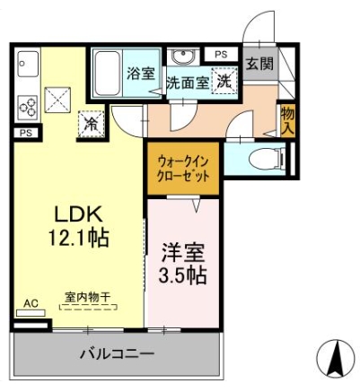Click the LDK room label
point(78,213)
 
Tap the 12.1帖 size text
point(78,238)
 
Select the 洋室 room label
point(183,253)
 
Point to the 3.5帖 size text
point(182,274)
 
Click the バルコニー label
point(117,354)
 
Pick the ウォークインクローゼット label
point(183,170)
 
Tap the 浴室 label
point(141,74)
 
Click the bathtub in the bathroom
point(107,73)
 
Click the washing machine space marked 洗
point(224,81)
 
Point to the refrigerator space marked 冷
point(91,124)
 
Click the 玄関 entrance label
point(259,64)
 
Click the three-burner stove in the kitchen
point(28,108)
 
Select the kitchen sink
point(28,64)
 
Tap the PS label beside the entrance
point(221,55)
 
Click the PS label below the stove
point(26,133)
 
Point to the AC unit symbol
point(31,313)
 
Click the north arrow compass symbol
point(338,357)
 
